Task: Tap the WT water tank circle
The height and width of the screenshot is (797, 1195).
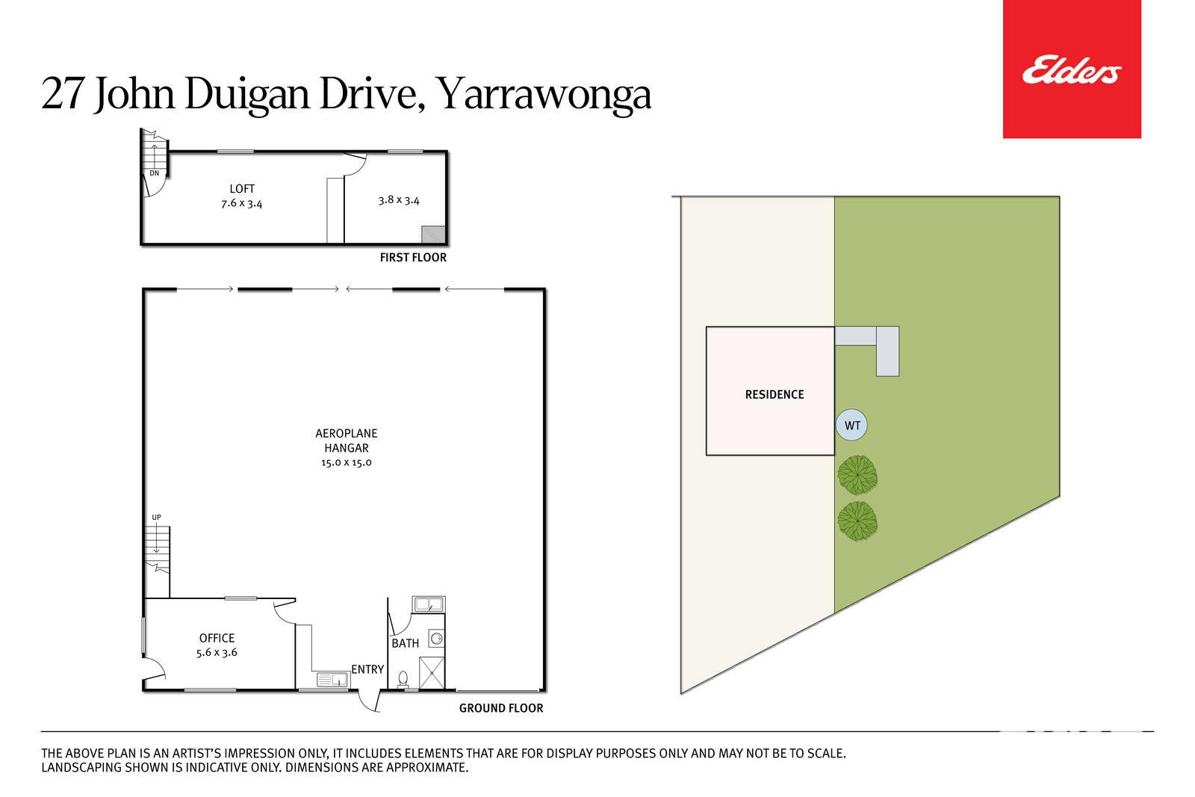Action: point(851,425)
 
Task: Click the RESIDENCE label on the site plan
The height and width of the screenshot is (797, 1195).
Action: point(774,395)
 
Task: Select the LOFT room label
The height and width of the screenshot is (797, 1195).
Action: point(242,189)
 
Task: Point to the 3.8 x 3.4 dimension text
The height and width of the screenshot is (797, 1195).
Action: point(399,200)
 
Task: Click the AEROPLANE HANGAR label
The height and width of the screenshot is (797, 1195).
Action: point(347,441)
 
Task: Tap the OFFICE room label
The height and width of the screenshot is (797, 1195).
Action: point(217,638)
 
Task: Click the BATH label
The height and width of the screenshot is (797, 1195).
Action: point(406,643)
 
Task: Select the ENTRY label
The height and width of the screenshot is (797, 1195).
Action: point(367,669)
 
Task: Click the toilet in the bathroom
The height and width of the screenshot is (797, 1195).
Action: point(403,679)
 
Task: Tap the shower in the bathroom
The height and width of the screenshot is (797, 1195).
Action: point(432,673)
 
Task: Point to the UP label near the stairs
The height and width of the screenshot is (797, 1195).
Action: point(156,518)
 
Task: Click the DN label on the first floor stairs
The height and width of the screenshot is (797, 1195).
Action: point(154,173)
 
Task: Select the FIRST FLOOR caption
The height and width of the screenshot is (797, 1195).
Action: point(413,258)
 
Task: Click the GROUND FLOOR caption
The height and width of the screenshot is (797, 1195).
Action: point(501,708)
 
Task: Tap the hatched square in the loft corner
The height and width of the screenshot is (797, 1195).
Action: point(433,235)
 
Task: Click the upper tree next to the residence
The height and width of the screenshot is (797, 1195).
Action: point(857,475)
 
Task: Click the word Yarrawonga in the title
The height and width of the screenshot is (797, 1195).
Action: point(544,95)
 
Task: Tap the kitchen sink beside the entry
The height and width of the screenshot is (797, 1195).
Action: point(333,680)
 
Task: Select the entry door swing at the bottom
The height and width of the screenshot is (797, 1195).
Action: point(369,701)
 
